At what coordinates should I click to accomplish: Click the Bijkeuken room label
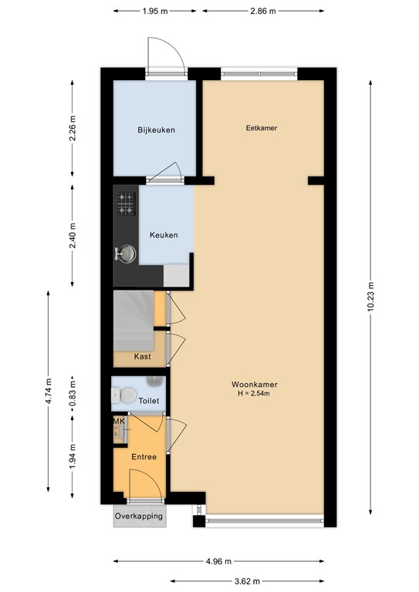pos(156,130)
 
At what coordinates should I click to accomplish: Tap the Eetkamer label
pos(262,128)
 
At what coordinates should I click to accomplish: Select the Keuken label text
pos(164,235)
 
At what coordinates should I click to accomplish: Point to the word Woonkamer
pos(255,385)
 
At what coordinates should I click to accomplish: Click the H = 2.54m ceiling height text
pos(254,393)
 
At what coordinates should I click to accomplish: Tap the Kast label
pos(143,356)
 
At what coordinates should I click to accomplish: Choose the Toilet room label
pos(149,401)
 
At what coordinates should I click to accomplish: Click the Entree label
pos(144,457)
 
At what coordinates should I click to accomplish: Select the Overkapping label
pos(139,516)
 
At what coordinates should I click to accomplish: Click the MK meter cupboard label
pos(119,421)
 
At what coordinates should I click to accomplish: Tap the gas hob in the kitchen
pos(126,203)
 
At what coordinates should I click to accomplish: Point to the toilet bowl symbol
pos(124,395)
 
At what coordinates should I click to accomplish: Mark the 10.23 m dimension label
pos(370,297)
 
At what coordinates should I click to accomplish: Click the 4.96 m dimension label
pos(218,561)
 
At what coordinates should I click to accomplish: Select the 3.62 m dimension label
pos(247,581)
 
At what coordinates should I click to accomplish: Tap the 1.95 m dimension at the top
pos(155,11)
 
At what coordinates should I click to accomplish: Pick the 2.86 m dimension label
pos(263,11)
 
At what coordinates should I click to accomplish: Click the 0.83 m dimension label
pos(73,392)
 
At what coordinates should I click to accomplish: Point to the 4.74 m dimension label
pos(49,391)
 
